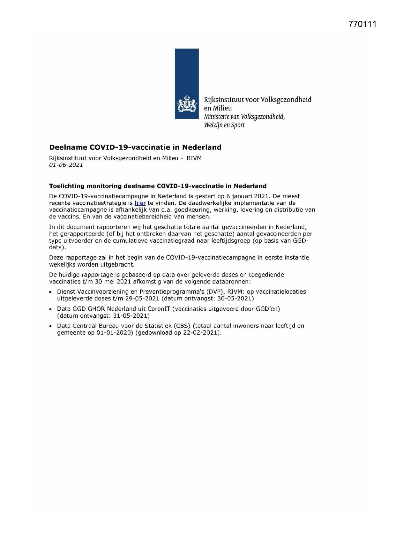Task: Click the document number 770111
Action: click(x=362, y=24)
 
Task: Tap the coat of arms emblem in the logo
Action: click(x=187, y=103)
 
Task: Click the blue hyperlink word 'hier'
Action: click(x=140, y=203)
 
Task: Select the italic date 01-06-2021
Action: click(x=66, y=165)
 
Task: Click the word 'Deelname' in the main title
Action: click(x=68, y=147)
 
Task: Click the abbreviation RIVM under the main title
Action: click(x=194, y=158)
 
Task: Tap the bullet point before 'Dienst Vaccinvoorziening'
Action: click(x=51, y=292)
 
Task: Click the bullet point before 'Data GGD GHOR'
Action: click(x=51, y=309)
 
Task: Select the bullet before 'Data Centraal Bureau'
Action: click(x=51, y=326)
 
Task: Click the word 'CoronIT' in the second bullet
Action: click(x=159, y=309)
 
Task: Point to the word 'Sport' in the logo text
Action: click(x=238, y=125)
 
